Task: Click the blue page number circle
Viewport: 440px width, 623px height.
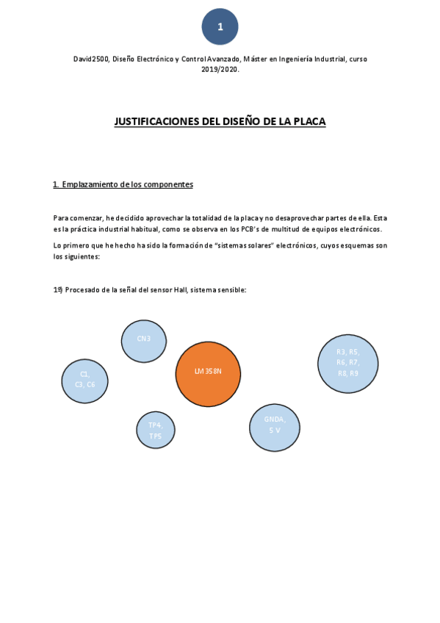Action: coord(220,27)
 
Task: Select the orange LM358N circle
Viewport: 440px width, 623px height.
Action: coord(208,374)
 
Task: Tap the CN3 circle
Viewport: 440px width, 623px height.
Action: coord(144,341)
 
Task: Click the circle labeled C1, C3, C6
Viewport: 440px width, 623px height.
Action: coord(84,381)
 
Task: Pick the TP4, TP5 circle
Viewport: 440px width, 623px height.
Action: coord(156,430)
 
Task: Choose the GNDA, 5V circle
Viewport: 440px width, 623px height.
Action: coord(275,427)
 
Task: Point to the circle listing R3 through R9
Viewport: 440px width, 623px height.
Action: coord(347,363)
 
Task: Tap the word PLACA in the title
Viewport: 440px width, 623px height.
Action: coord(309,121)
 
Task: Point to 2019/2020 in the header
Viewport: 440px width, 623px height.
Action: coord(220,69)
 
